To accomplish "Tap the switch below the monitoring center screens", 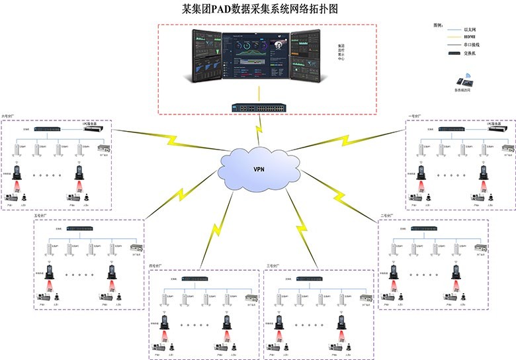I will tap(257, 107).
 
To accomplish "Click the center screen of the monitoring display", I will tap(257, 58).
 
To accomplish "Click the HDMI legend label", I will tap(469, 37).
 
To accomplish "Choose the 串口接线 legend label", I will tap(472, 45).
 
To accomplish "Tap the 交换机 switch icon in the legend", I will tap(454, 54).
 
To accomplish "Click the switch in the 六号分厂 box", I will tap(48, 128).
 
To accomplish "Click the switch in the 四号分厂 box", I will tap(196, 279).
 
